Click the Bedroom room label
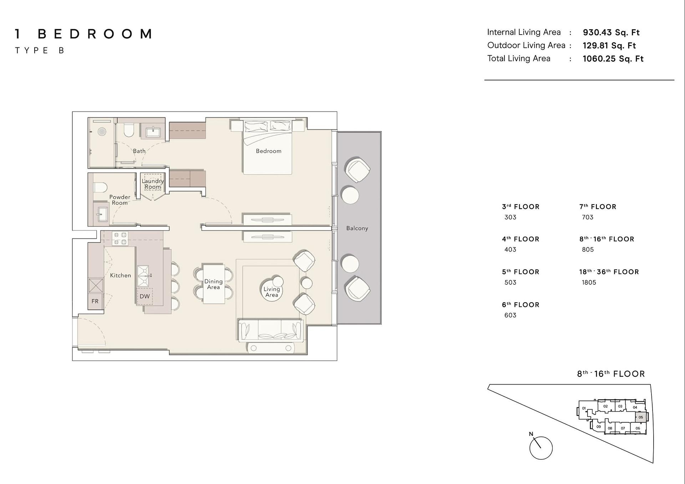click(268, 151)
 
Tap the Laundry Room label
click(153, 184)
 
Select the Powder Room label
click(120, 200)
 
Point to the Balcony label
click(357, 228)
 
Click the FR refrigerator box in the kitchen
click(95, 301)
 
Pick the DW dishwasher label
click(144, 296)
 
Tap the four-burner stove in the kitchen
click(120, 238)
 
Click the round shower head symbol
click(102, 131)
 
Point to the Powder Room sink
click(101, 214)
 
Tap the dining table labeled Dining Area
click(213, 284)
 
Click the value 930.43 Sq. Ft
click(611, 32)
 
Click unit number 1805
click(589, 282)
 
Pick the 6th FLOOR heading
click(521, 305)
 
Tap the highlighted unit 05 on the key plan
click(641, 417)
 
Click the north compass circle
click(541, 448)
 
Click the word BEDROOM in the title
click(95, 34)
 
